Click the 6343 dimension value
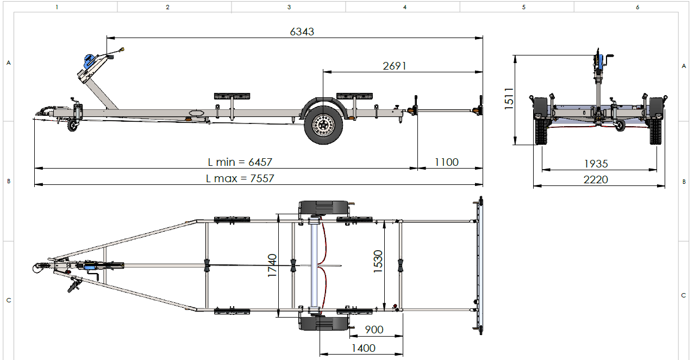coord(302,32)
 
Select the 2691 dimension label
coord(395,66)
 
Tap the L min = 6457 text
coord(240,162)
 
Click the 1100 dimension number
coord(447,162)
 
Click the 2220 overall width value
coord(596,179)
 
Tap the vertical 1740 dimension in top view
coord(272,265)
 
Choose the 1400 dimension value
coord(363,348)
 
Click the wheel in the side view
coord(323,126)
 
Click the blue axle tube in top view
coord(314,265)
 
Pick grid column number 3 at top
coord(289,7)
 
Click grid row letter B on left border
coord(8,181)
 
